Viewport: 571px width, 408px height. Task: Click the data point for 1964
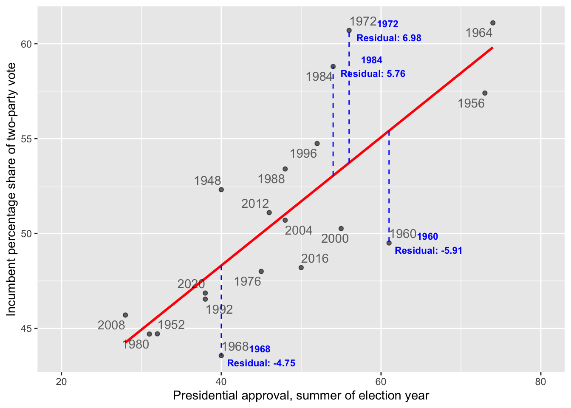(492, 23)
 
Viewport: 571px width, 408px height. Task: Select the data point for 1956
(485, 93)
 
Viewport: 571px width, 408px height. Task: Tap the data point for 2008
(125, 315)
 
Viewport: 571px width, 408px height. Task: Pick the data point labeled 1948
(221, 190)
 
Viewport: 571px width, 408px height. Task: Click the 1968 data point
(221, 355)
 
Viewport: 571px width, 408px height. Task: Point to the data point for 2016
(301, 268)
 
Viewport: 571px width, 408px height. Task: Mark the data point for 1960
(389, 243)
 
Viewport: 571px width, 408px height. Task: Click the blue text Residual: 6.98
(389, 38)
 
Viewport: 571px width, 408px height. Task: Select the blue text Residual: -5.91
(428, 251)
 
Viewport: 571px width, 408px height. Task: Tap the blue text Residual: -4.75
(261, 363)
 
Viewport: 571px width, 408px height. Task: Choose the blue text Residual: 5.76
(373, 74)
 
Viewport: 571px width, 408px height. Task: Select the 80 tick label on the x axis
(540, 382)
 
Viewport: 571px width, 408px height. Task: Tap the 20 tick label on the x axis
(62, 382)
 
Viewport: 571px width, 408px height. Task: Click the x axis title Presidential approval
(301, 396)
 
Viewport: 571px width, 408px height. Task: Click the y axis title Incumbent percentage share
(11, 189)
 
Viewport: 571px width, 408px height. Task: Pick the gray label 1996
(303, 153)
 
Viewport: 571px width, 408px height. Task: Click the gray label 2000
(335, 238)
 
